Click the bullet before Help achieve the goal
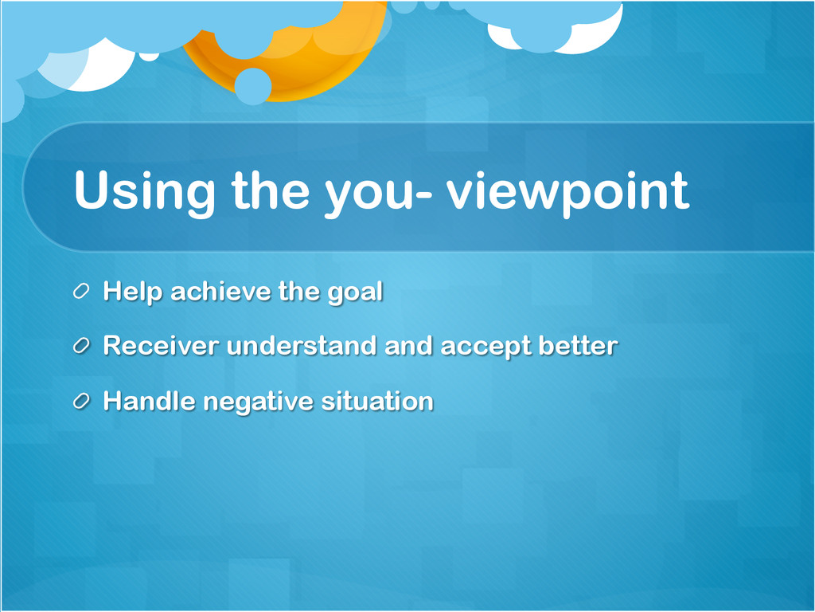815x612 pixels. (x=81, y=291)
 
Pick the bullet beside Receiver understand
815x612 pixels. (x=81, y=346)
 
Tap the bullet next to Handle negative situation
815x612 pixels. (x=81, y=401)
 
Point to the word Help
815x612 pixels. (x=133, y=292)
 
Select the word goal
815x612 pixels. (x=355, y=292)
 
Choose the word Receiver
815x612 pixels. (x=161, y=346)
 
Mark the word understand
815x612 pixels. (x=302, y=346)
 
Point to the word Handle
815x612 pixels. (x=149, y=401)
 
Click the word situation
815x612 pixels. (x=377, y=401)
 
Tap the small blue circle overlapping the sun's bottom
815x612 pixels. (x=253, y=86)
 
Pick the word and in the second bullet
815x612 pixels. (x=408, y=346)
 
